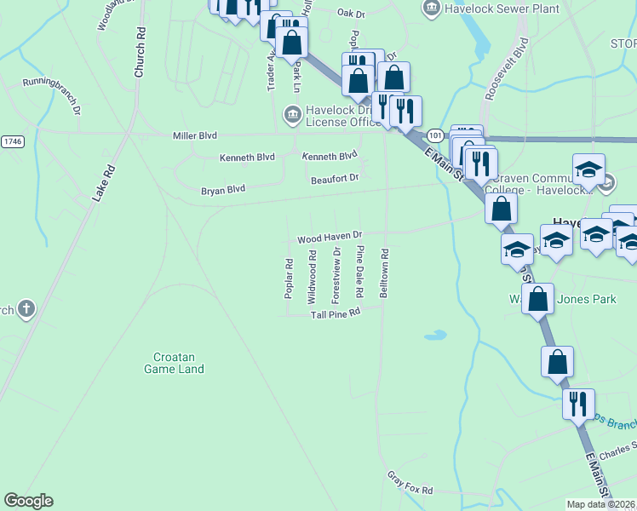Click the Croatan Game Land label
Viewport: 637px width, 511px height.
coord(174,363)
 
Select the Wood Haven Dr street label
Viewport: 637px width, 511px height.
coord(330,236)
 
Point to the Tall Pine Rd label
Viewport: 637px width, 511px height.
coord(336,313)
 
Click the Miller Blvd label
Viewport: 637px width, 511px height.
coord(195,135)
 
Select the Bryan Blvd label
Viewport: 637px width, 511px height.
coord(223,190)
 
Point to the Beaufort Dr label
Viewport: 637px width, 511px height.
coord(335,178)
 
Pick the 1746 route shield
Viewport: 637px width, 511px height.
coord(12,141)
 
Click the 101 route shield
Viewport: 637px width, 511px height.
coord(435,135)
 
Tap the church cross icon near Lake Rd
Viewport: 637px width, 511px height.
coord(26,309)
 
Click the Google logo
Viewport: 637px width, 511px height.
coord(28,501)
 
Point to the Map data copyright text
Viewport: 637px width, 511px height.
coord(601,504)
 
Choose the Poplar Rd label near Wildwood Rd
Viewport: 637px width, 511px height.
coord(289,278)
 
